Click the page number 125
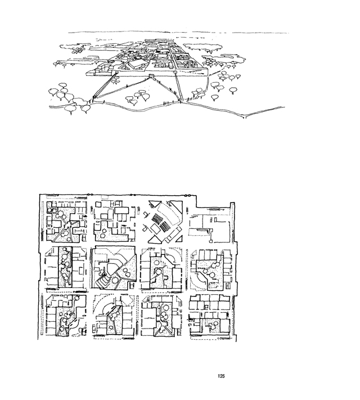pos(221,376)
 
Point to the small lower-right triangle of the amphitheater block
pos(179,239)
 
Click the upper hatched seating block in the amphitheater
pos(156,218)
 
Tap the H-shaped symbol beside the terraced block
pos(132,285)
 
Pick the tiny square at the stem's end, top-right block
pos(211,241)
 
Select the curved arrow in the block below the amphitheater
pos(171,258)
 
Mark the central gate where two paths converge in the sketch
pos(151,76)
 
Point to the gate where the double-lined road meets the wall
pos(175,73)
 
